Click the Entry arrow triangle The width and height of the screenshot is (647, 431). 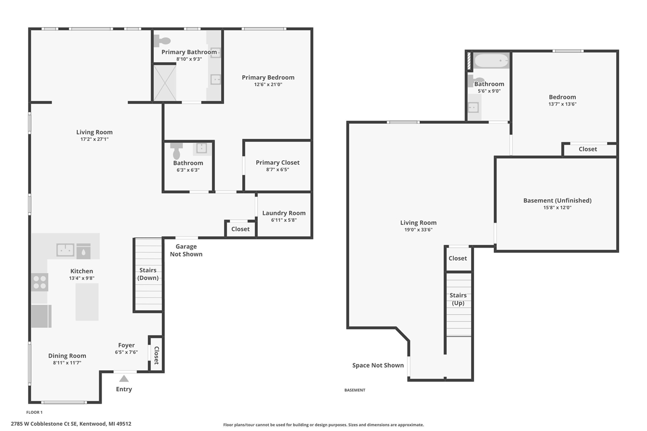point(124,378)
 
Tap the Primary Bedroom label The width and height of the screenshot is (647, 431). point(268,77)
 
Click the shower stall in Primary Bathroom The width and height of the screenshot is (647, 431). point(164,82)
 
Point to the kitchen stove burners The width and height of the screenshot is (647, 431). point(40,282)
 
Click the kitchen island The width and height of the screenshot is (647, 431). point(87,302)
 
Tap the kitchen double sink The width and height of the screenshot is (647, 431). point(65,250)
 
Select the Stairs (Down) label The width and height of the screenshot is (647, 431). point(148,274)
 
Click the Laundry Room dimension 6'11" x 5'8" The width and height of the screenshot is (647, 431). point(284,220)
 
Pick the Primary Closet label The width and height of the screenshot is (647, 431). point(278,162)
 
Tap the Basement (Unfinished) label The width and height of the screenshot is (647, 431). point(557,200)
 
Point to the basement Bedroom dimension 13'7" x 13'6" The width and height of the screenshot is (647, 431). point(562,104)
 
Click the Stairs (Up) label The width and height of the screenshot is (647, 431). point(458,299)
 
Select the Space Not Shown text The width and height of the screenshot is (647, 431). point(378,365)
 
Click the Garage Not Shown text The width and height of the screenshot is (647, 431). point(186,250)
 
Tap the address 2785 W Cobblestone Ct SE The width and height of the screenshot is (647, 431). point(43,424)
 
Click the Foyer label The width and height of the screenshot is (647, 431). point(126,345)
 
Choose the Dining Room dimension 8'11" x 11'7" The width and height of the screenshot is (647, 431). point(67,363)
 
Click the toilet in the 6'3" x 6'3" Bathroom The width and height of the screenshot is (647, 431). point(176,151)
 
